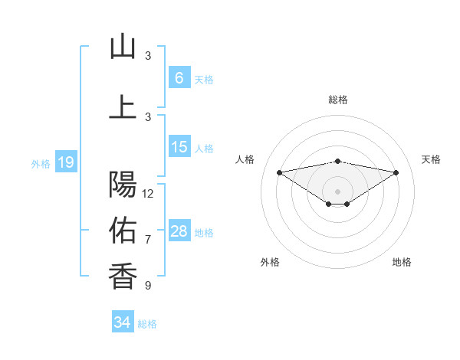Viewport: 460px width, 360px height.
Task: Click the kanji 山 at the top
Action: click(x=123, y=47)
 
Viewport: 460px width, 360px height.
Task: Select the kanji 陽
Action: click(x=123, y=185)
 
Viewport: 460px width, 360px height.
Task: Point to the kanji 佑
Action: click(x=123, y=229)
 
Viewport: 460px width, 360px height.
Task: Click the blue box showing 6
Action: click(x=179, y=78)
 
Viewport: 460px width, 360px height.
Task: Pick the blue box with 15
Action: click(x=179, y=147)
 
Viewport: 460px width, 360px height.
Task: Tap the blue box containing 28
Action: click(x=179, y=231)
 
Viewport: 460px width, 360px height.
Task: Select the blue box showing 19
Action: click(x=65, y=162)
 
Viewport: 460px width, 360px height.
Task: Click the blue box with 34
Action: click(x=122, y=322)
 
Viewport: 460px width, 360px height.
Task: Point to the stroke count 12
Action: click(x=148, y=194)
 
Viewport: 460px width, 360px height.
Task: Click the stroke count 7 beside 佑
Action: click(x=148, y=240)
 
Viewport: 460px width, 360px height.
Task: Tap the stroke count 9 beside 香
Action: click(x=148, y=286)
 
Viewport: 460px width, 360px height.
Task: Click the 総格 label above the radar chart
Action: click(x=338, y=100)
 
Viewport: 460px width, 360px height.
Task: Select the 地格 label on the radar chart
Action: click(x=402, y=263)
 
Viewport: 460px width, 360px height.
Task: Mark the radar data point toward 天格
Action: click(x=396, y=172)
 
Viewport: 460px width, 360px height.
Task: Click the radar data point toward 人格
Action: click(x=279, y=172)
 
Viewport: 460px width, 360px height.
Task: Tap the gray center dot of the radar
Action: click(x=337, y=191)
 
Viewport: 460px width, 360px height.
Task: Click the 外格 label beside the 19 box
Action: click(x=41, y=163)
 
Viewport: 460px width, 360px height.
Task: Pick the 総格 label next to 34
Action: click(x=147, y=324)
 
